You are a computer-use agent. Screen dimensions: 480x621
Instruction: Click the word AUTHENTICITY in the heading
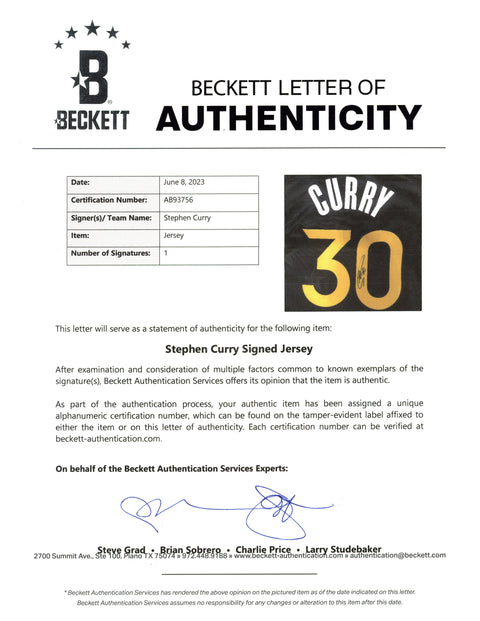click(289, 118)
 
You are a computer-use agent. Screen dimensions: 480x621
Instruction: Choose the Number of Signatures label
click(110, 253)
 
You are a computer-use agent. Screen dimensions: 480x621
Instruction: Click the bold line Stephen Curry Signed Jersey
click(239, 351)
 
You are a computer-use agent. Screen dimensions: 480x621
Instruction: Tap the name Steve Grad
click(121, 548)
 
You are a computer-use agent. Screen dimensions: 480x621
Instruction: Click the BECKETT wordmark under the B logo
click(92, 120)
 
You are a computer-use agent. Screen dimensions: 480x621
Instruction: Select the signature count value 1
click(165, 253)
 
